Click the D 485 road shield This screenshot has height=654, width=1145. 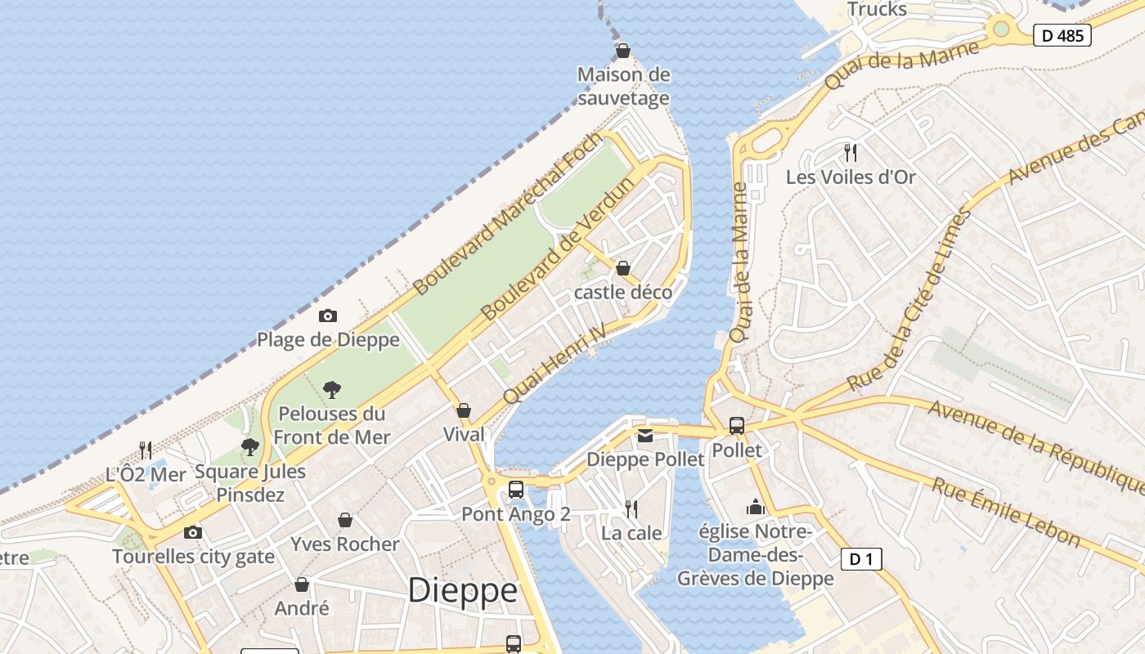[x=1062, y=35]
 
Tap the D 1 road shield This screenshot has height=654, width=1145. [x=861, y=559]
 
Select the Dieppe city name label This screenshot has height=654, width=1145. [x=462, y=589]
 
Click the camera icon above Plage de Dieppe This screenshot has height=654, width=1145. [x=327, y=316]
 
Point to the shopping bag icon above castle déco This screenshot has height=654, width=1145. [x=623, y=268]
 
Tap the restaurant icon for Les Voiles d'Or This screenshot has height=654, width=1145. [x=851, y=152]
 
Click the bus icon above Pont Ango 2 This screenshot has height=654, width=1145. [x=516, y=490]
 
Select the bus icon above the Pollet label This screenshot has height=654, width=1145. [x=736, y=426]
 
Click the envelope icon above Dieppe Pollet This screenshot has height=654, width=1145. [x=645, y=436]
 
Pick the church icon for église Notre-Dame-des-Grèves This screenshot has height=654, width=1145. [x=755, y=508]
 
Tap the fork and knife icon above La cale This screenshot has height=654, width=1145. [x=631, y=509]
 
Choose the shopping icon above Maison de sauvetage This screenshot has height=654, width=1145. [x=623, y=51]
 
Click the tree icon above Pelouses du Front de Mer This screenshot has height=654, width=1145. [x=331, y=389]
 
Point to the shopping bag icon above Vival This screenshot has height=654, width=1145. [x=464, y=410]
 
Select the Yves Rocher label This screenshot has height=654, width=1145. [x=345, y=544]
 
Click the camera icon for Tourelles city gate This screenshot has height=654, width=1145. [x=192, y=533]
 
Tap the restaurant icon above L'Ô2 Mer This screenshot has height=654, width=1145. [x=146, y=450]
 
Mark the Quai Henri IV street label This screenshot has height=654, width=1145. [x=555, y=363]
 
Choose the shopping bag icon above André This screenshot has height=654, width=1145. [x=302, y=584]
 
